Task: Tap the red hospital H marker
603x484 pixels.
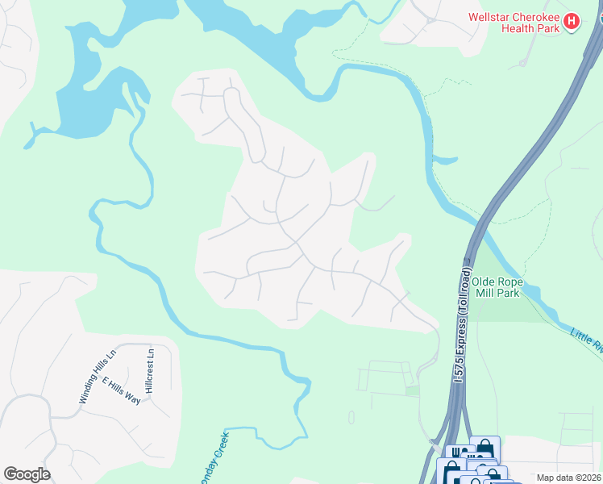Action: pyautogui.click(x=572, y=21)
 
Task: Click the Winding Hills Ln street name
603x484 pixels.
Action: pyautogui.click(x=98, y=375)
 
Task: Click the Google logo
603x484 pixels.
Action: pyautogui.click(x=27, y=474)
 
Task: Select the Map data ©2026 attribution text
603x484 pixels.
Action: pyautogui.click(x=569, y=478)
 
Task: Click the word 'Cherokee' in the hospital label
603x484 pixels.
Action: pyautogui.click(x=538, y=15)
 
